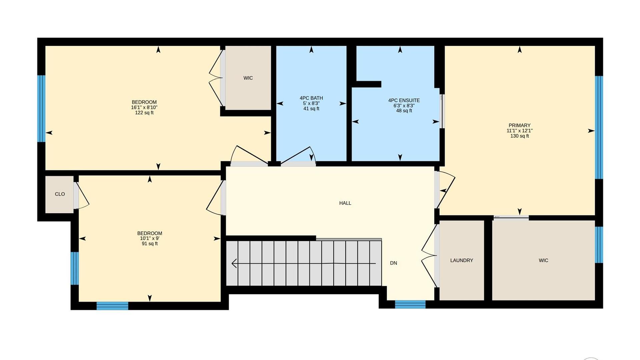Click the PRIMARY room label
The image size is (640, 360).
click(x=519, y=125)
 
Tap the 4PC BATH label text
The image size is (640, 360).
click(x=311, y=98)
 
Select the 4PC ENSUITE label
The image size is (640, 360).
click(x=404, y=100)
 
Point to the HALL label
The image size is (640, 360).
click(x=345, y=203)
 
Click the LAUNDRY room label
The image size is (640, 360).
click(x=461, y=260)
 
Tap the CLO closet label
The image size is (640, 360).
click(x=60, y=194)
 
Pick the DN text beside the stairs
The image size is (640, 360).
click(x=393, y=263)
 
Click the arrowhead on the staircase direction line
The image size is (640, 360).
click(x=234, y=263)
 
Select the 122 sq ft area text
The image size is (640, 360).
click(x=144, y=113)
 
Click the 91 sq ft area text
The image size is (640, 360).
click(x=150, y=244)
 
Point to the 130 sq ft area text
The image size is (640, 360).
click(x=519, y=136)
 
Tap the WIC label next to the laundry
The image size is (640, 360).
click(x=543, y=260)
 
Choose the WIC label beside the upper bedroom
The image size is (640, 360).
click(x=248, y=78)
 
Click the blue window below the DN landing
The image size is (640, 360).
click(x=410, y=304)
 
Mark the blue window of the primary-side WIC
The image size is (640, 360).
click(x=599, y=245)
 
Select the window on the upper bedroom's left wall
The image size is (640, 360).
click(x=41, y=109)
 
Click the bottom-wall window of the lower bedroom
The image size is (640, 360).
click(x=112, y=306)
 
